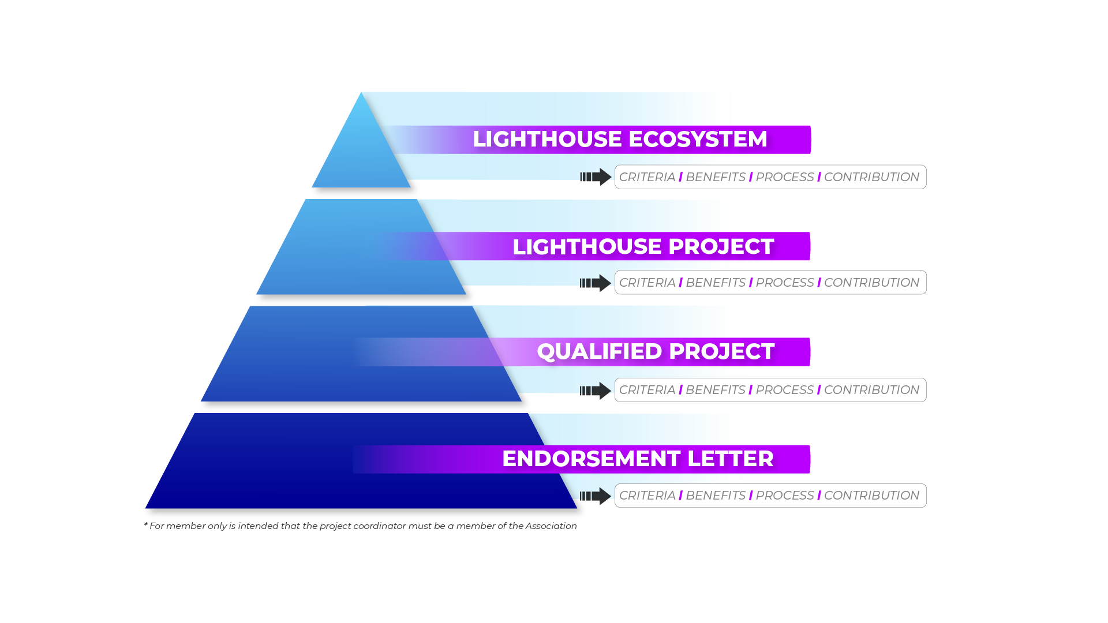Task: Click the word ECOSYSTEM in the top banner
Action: [698, 139]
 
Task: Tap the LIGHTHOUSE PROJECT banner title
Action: [643, 246]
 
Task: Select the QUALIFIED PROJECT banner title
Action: [656, 351]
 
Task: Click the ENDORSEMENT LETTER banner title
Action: [638, 459]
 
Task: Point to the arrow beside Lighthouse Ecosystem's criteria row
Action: [596, 177]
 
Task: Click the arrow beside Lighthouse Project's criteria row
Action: [596, 283]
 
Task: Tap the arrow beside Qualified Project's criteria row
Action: [596, 391]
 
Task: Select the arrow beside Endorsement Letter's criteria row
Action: [596, 496]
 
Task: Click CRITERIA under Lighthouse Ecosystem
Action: [647, 177]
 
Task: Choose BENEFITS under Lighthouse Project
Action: [716, 283]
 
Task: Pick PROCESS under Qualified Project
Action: [785, 390]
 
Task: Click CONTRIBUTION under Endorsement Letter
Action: [871, 496]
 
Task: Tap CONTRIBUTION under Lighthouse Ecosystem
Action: [871, 177]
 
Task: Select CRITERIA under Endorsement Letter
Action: [647, 496]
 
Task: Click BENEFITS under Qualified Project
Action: [716, 390]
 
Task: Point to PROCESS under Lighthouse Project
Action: [785, 283]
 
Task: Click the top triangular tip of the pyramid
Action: [361, 92]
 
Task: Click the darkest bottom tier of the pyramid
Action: [361, 461]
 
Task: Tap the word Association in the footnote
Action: [551, 526]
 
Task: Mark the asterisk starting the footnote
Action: [145, 524]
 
